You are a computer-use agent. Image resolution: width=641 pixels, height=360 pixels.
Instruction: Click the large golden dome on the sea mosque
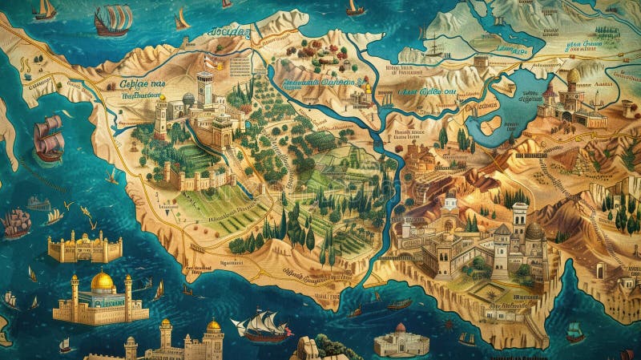coord(102,281)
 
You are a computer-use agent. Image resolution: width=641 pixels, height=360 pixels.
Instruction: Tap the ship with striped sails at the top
coord(112,19)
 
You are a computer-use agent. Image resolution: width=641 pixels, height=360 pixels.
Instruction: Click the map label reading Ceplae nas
coord(143,83)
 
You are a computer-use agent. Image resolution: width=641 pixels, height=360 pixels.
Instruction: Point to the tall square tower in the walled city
coord(205,90)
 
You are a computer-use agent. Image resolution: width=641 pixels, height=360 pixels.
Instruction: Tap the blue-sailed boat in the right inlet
coord(574,330)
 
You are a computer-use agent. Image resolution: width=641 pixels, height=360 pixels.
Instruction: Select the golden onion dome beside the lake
coord(573,77)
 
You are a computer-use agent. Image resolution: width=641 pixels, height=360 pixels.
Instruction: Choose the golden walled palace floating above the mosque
coord(85,246)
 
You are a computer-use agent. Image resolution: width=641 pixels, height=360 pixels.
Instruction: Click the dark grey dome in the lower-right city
coord(534,231)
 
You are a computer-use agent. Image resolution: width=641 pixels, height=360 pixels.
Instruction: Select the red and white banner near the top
coord(209,65)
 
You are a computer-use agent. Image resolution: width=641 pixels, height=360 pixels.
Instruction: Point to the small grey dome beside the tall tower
coord(188,99)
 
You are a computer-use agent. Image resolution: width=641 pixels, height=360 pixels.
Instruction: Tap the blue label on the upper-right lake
coord(513,50)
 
